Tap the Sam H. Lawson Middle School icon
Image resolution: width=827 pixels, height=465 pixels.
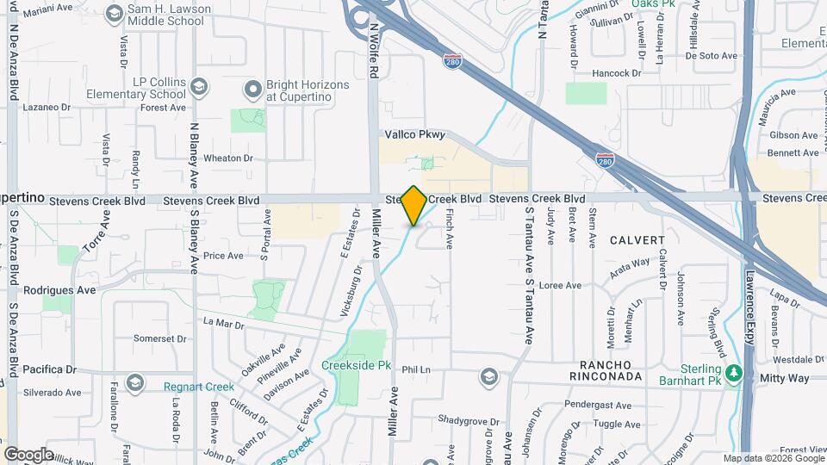coord(114,13)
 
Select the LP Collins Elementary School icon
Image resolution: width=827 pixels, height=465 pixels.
coord(199,87)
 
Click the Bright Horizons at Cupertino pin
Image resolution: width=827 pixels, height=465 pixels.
coord(252,89)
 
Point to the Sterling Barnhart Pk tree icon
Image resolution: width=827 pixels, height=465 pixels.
coord(733,373)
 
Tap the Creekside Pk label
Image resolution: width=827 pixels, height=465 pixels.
coord(356,365)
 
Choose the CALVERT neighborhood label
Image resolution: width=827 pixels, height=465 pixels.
coord(637,240)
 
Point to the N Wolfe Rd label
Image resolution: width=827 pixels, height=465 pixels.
coord(375,51)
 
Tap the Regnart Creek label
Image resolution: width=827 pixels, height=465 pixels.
coord(199,387)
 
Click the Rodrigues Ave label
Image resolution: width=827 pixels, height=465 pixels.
coord(59,290)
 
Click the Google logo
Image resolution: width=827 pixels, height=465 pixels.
coord(28,454)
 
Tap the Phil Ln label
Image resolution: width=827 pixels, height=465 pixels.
coord(415,369)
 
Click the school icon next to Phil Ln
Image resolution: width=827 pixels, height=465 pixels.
coord(488,376)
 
